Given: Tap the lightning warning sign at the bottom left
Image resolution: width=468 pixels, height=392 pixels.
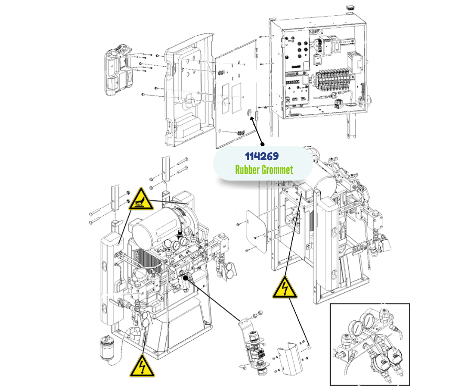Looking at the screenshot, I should pyautogui.click(x=141, y=367).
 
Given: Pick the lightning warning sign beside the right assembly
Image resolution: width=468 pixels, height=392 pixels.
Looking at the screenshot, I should pyautogui.click(x=284, y=288).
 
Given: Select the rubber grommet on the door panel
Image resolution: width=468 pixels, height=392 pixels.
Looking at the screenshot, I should pyautogui.click(x=249, y=113).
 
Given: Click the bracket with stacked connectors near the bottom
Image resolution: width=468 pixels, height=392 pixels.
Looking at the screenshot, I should pyautogui.click(x=255, y=348).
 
